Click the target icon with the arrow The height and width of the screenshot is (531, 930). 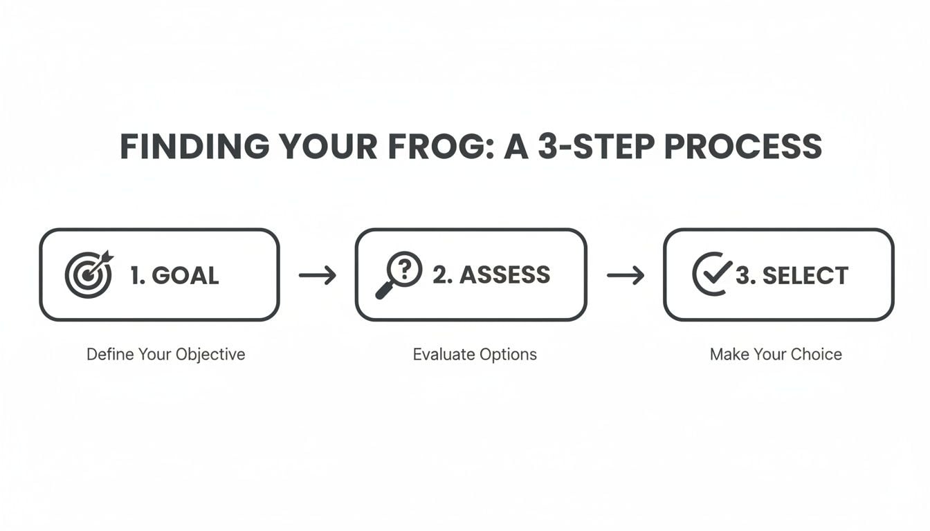point(88,274)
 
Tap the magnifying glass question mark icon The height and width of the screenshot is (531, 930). point(400,274)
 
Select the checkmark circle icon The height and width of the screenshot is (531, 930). point(712,274)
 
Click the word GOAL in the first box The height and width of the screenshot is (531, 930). point(185,276)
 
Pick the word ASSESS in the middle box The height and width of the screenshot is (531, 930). point(505,275)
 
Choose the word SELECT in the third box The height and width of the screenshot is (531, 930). point(805,276)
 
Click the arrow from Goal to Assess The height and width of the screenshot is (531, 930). point(318,276)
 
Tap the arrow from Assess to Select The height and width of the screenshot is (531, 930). point(626,276)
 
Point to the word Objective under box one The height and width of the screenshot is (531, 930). point(210,355)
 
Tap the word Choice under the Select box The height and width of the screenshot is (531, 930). point(817,355)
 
